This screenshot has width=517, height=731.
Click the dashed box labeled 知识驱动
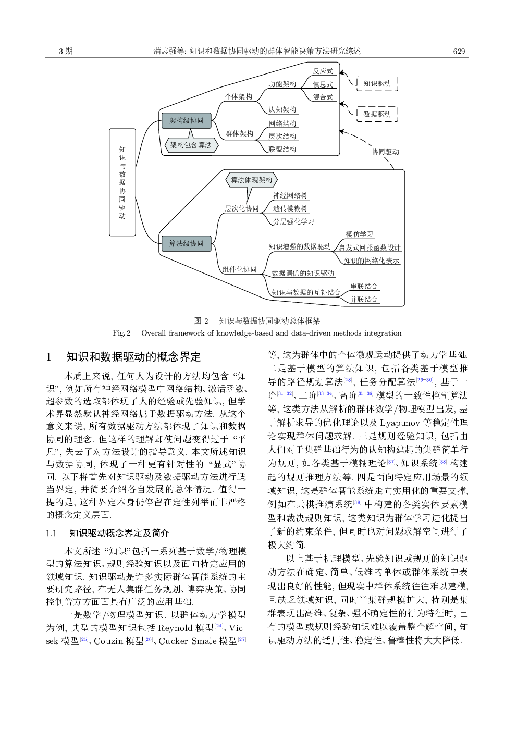pos(377,83)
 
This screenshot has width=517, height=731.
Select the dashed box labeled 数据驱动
pos(377,114)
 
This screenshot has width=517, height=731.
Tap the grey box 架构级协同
pos(186,121)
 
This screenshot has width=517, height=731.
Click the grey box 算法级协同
pos(186,244)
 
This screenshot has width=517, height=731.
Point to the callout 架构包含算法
pos(191,145)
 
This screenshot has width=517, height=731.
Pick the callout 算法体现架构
pos(251,180)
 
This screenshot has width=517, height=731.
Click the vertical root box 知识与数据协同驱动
pos(122,182)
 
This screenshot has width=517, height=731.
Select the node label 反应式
pos(323,71)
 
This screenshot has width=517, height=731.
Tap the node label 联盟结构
pos(282,150)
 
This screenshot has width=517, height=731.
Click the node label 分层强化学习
pos(293,221)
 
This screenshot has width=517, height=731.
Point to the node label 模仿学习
pos(359,234)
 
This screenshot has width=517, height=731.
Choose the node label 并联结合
pos(364,300)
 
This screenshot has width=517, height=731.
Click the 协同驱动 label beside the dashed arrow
pos(385,152)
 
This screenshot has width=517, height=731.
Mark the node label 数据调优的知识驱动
pos(303,274)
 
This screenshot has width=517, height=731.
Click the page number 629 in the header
pos(459,51)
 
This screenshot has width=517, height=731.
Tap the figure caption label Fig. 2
pos(121,333)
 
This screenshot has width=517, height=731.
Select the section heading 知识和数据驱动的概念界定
pos(133,357)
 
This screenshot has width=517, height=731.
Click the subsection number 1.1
pos(51,533)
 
